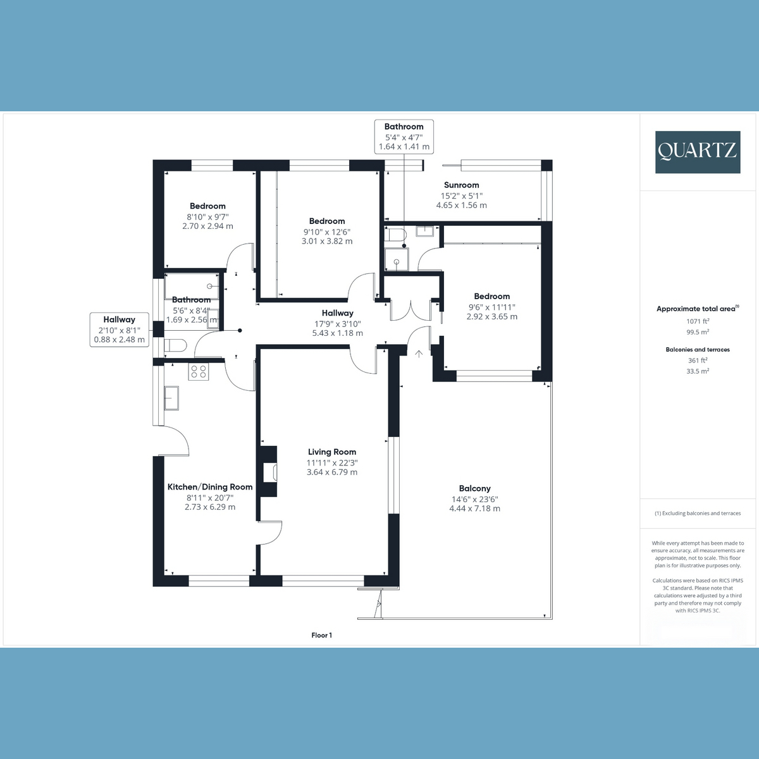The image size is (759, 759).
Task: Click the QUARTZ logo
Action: pyautogui.click(x=698, y=152)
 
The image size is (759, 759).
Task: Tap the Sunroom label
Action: pyautogui.click(x=461, y=185)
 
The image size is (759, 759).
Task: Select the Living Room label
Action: pyautogui.click(x=331, y=452)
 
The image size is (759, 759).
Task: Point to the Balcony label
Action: pyautogui.click(x=474, y=488)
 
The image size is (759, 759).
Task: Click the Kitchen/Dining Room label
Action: pyautogui.click(x=210, y=487)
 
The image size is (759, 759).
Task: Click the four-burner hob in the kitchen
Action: pyautogui.click(x=198, y=372)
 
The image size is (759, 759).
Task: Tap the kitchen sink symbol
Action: pyautogui.click(x=171, y=398)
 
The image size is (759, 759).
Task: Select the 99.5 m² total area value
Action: pyautogui.click(x=698, y=332)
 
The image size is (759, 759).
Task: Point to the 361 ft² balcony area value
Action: pyautogui.click(x=698, y=361)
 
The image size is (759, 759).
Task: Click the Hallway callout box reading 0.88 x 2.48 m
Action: pyautogui.click(x=120, y=330)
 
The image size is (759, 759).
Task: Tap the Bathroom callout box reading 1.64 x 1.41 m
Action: pyautogui.click(x=404, y=137)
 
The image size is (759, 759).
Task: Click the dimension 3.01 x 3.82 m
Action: pyautogui.click(x=327, y=242)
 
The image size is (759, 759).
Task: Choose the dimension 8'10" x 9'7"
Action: pyautogui.click(x=207, y=217)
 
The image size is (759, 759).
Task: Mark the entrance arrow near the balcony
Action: pyautogui.click(x=419, y=354)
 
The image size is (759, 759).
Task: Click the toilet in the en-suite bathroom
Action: pyautogui.click(x=395, y=235)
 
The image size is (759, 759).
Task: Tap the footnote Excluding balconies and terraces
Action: pyautogui.click(x=698, y=513)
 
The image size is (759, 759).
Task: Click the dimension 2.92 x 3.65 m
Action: pyautogui.click(x=492, y=317)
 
